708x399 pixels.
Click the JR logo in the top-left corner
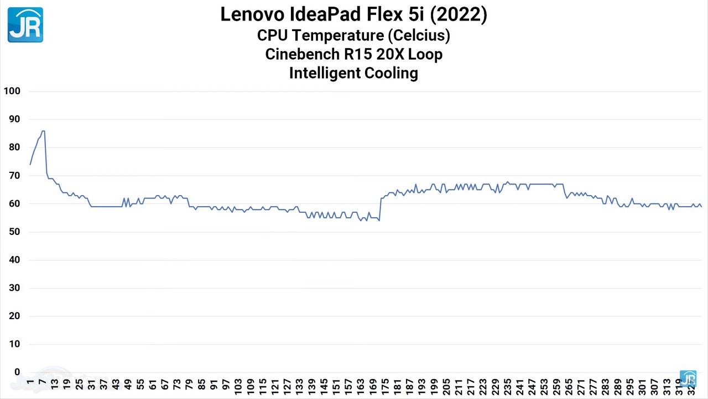[x=25, y=25]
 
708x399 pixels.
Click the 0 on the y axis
[x=17, y=372]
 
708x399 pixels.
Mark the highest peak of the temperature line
[x=43, y=131]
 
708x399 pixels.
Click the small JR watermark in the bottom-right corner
[x=688, y=378]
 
